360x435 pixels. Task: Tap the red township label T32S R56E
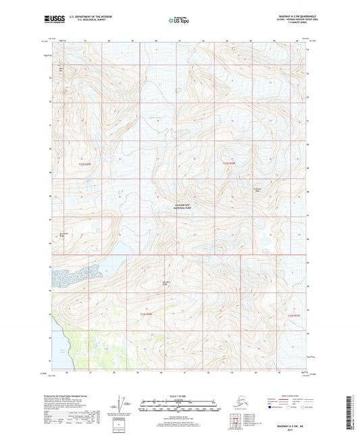coord(231,163)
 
